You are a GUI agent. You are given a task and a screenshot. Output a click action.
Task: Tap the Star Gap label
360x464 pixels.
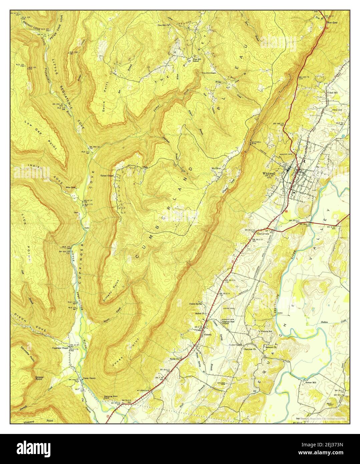tap(332, 22)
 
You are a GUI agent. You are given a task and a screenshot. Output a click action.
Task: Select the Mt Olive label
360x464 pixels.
tap(217, 168)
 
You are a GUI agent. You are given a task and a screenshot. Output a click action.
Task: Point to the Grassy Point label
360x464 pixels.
tap(39, 378)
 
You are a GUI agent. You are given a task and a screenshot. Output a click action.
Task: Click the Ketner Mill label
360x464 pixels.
tap(310, 382)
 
